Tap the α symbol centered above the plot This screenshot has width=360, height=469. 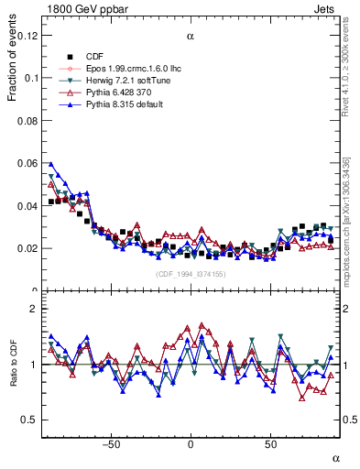[191, 36]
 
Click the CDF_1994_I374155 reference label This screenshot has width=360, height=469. [191, 274]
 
